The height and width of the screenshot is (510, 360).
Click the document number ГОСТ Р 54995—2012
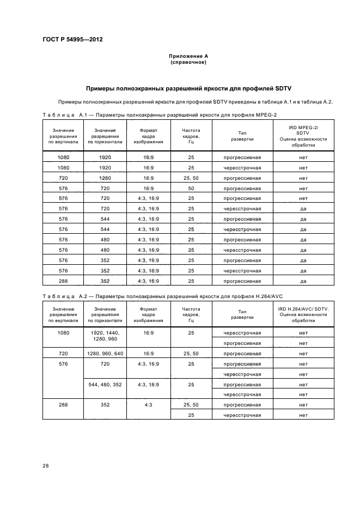[x=73, y=40]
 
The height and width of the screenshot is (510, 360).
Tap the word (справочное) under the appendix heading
[x=188, y=62]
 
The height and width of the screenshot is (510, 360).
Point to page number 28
[x=46, y=465]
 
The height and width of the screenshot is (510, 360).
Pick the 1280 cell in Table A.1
[x=105, y=178]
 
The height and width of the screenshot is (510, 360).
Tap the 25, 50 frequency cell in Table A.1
[x=191, y=178]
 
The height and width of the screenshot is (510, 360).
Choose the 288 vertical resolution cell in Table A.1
[x=63, y=281]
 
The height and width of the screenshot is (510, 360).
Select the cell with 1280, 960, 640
[x=105, y=354]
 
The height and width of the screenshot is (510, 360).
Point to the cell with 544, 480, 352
[x=105, y=384]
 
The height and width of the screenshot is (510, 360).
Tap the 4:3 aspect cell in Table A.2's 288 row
[x=148, y=405]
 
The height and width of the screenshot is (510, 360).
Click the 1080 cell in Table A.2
[x=63, y=333]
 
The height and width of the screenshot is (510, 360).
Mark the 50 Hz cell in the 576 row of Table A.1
[x=191, y=189]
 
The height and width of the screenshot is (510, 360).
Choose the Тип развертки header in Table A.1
[x=242, y=136]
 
